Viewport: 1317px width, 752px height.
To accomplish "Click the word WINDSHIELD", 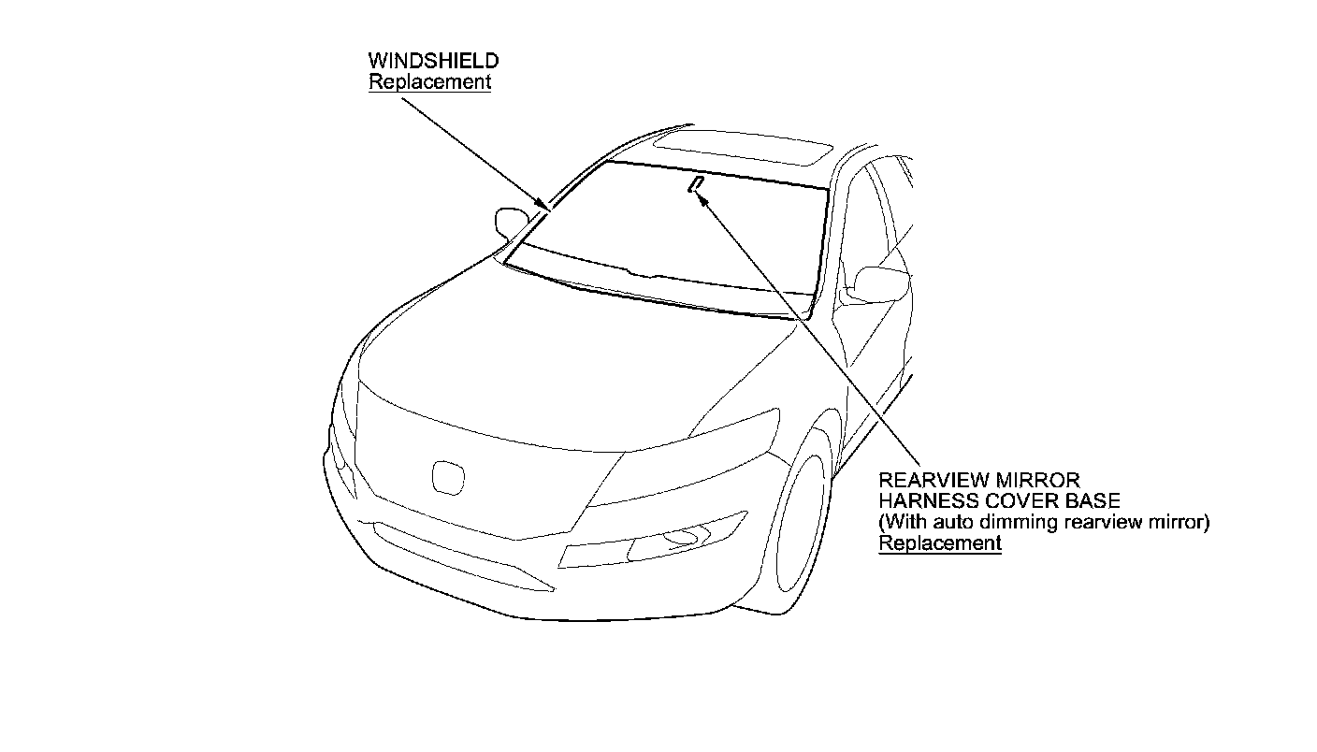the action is (433, 61).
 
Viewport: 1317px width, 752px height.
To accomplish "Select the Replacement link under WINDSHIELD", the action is (429, 81).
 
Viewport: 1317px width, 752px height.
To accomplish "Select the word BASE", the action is (1093, 502).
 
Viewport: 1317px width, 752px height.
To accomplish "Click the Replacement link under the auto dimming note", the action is (940, 543).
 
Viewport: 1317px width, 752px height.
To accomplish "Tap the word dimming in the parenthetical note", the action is (1030, 523).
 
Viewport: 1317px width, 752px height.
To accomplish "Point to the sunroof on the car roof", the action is (743, 148).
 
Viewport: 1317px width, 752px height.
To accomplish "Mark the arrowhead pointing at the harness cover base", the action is (704, 198).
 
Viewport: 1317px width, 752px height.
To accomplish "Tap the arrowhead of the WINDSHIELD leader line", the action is (543, 205).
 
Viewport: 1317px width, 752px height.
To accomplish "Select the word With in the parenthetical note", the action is (906, 523).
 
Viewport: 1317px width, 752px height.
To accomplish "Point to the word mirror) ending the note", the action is (1180, 523).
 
